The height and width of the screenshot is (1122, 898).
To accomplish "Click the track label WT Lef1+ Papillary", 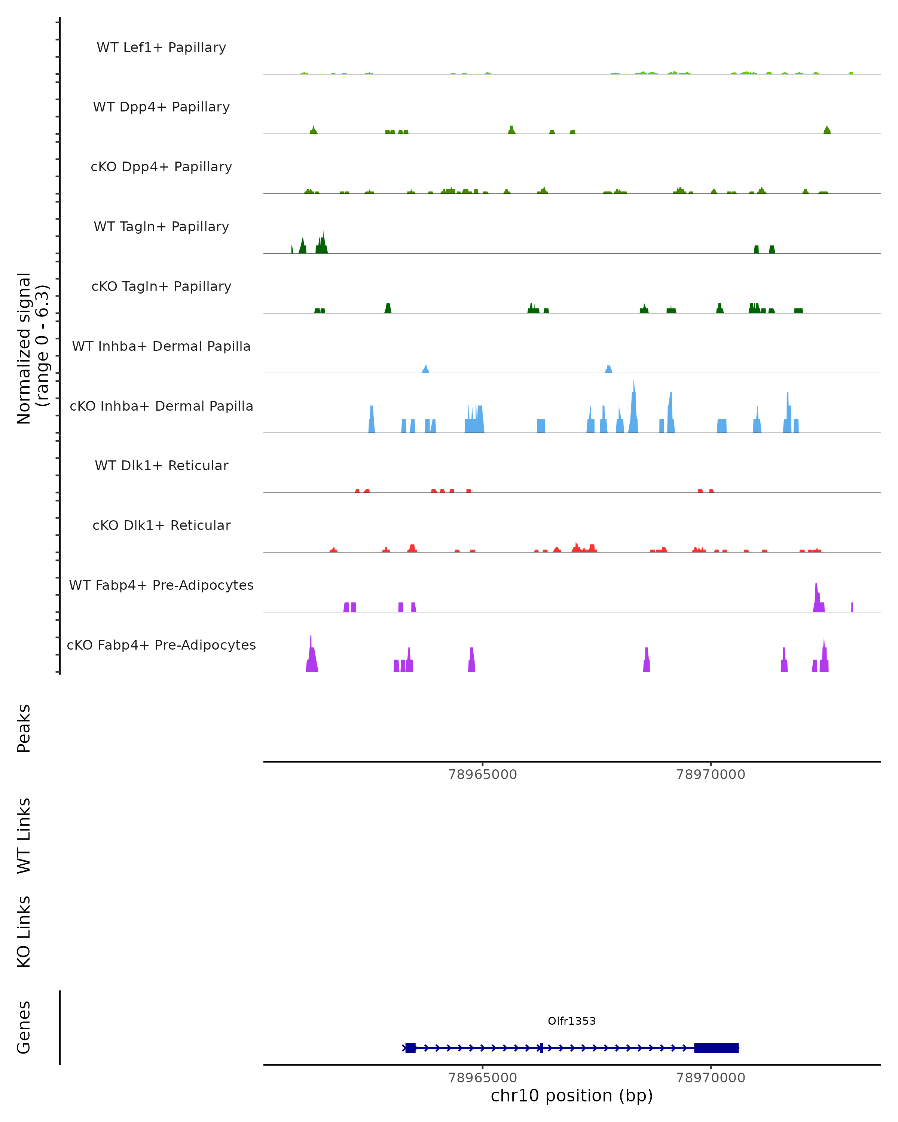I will click(161, 47).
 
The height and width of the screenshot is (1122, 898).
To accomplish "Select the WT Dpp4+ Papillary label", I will click(161, 107).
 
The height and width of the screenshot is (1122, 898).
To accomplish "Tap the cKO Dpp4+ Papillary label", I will click(161, 166).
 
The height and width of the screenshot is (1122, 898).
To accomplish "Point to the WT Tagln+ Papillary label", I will click(161, 226).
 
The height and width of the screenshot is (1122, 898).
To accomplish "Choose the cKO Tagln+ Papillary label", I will click(161, 286).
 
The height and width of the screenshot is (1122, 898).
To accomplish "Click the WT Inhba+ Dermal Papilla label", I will click(161, 346).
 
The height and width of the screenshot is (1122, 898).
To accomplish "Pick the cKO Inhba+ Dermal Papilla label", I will click(161, 406).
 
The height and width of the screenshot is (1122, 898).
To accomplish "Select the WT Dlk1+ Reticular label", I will click(161, 465).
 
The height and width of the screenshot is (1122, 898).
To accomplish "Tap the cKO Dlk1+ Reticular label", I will click(161, 525).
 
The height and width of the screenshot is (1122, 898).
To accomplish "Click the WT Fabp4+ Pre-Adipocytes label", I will click(161, 585).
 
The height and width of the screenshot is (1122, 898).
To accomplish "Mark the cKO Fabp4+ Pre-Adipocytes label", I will click(161, 645).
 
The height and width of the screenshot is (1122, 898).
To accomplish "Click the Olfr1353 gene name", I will click(572, 1021).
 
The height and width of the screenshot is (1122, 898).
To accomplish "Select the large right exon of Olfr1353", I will click(716, 1048).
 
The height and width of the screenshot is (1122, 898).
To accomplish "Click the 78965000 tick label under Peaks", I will click(483, 775).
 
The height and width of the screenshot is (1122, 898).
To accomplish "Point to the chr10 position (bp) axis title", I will click(572, 1096).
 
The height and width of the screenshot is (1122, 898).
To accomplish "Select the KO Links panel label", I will click(24, 932).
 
